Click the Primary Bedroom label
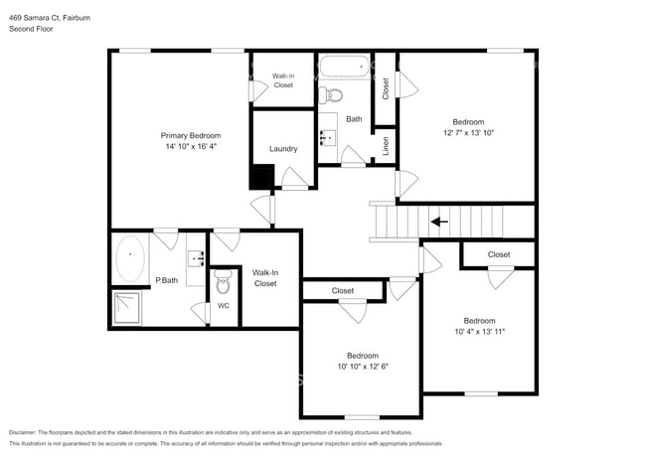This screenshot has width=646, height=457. pyautogui.click(x=191, y=135)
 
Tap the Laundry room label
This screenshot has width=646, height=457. pyautogui.click(x=283, y=149)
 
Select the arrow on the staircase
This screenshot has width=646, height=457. pyautogui.click(x=439, y=222)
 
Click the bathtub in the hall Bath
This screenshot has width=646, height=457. pyautogui.click(x=345, y=67)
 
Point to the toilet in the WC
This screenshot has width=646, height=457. pyautogui.click(x=224, y=281)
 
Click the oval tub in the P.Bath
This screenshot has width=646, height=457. pyautogui.click(x=130, y=258)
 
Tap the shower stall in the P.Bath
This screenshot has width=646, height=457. pyautogui.click(x=127, y=308)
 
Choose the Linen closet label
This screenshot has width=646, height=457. pyautogui.click(x=386, y=146)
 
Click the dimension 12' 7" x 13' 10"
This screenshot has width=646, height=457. pyautogui.click(x=468, y=133)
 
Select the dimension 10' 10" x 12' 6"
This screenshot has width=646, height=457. pyautogui.click(x=363, y=367)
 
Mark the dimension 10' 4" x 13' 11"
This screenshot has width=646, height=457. pyautogui.click(x=480, y=332)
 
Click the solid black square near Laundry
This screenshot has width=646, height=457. pyautogui.click(x=262, y=177)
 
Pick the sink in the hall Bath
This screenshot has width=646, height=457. pyautogui.click(x=328, y=137)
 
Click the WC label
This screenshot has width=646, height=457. pyautogui.click(x=224, y=306)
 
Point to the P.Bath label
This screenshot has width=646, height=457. pyautogui.click(x=166, y=280)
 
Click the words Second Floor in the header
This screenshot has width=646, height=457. pyautogui.click(x=31, y=29)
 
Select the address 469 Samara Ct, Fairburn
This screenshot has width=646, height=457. pyautogui.click(x=50, y=18)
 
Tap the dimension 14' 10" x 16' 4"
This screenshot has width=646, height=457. pyautogui.click(x=191, y=146)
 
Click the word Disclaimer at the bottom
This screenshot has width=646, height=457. pyautogui.click(x=22, y=433)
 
